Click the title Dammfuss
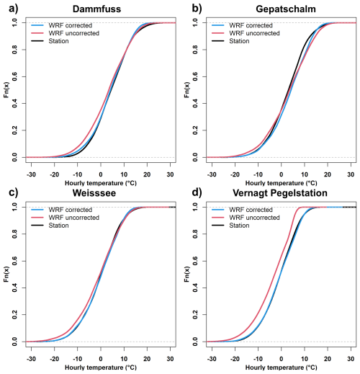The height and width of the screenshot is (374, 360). pyautogui.click(x=96, y=9)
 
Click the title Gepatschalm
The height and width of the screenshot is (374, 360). pyautogui.click(x=286, y=9)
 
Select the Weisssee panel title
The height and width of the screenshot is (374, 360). pyautogui.click(x=94, y=193)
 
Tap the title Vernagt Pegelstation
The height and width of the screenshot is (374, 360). pyautogui.click(x=280, y=193)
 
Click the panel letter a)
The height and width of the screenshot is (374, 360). pyautogui.click(x=14, y=9)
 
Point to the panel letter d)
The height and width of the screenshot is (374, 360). pyautogui.click(x=197, y=193)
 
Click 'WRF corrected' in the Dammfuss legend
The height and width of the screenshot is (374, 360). pyautogui.click(x=71, y=25)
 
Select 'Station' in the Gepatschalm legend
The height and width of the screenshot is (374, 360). pyautogui.click(x=239, y=41)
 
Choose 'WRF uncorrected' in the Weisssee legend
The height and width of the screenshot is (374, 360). pyautogui.click(x=74, y=218)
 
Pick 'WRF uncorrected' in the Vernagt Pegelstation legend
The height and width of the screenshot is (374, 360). pyautogui.click(x=254, y=218)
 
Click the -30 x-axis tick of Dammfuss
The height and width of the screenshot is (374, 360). pyautogui.click(x=31, y=174)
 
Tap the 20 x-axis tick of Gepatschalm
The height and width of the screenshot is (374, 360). pyautogui.click(x=328, y=174)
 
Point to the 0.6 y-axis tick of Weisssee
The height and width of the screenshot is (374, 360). pyautogui.click(x=14, y=261)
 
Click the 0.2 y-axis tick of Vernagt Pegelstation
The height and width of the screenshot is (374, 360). pyautogui.click(x=195, y=314)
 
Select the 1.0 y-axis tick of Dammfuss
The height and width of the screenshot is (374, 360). pyautogui.click(x=14, y=22)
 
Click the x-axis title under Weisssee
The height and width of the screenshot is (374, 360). pyautogui.click(x=101, y=368)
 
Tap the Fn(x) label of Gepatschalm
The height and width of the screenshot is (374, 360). pyautogui.click(x=187, y=89)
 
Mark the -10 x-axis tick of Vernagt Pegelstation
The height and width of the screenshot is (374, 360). pyautogui.click(x=258, y=359)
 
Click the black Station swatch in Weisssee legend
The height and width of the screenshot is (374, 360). pyautogui.click(x=37, y=226)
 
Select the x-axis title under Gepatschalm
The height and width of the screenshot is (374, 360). pyautogui.click(x=281, y=183)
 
